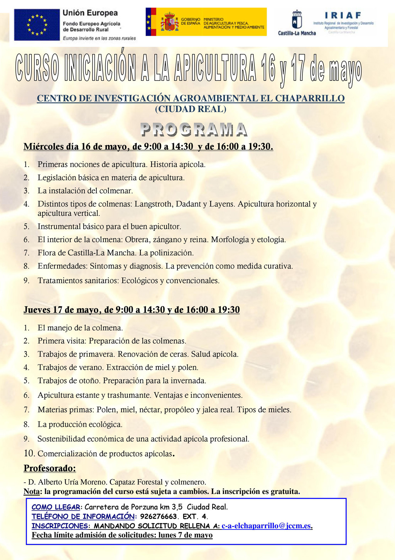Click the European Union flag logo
pos(37,25)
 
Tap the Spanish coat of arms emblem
pos(169,22)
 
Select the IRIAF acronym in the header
pos(343,15)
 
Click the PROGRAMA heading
pos(194,130)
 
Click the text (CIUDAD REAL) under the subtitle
pos(191,109)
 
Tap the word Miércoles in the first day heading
pos(44,147)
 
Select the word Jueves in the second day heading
pos(37,310)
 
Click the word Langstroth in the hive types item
pos(153,204)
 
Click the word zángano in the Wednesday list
pos(167,240)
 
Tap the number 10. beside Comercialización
pos(29,453)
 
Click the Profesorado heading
pos(50,468)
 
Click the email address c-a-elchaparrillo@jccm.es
pos(266,526)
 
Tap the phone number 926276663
pos(159,516)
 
